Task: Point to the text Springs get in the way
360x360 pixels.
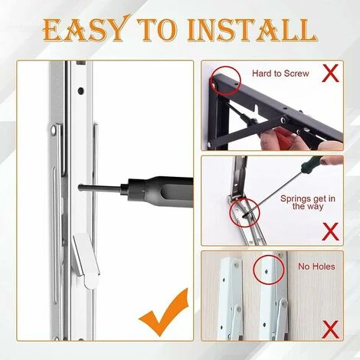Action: pyautogui.click(x=306, y=204)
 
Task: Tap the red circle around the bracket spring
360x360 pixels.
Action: pyautogui.click(x=246, y=211)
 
